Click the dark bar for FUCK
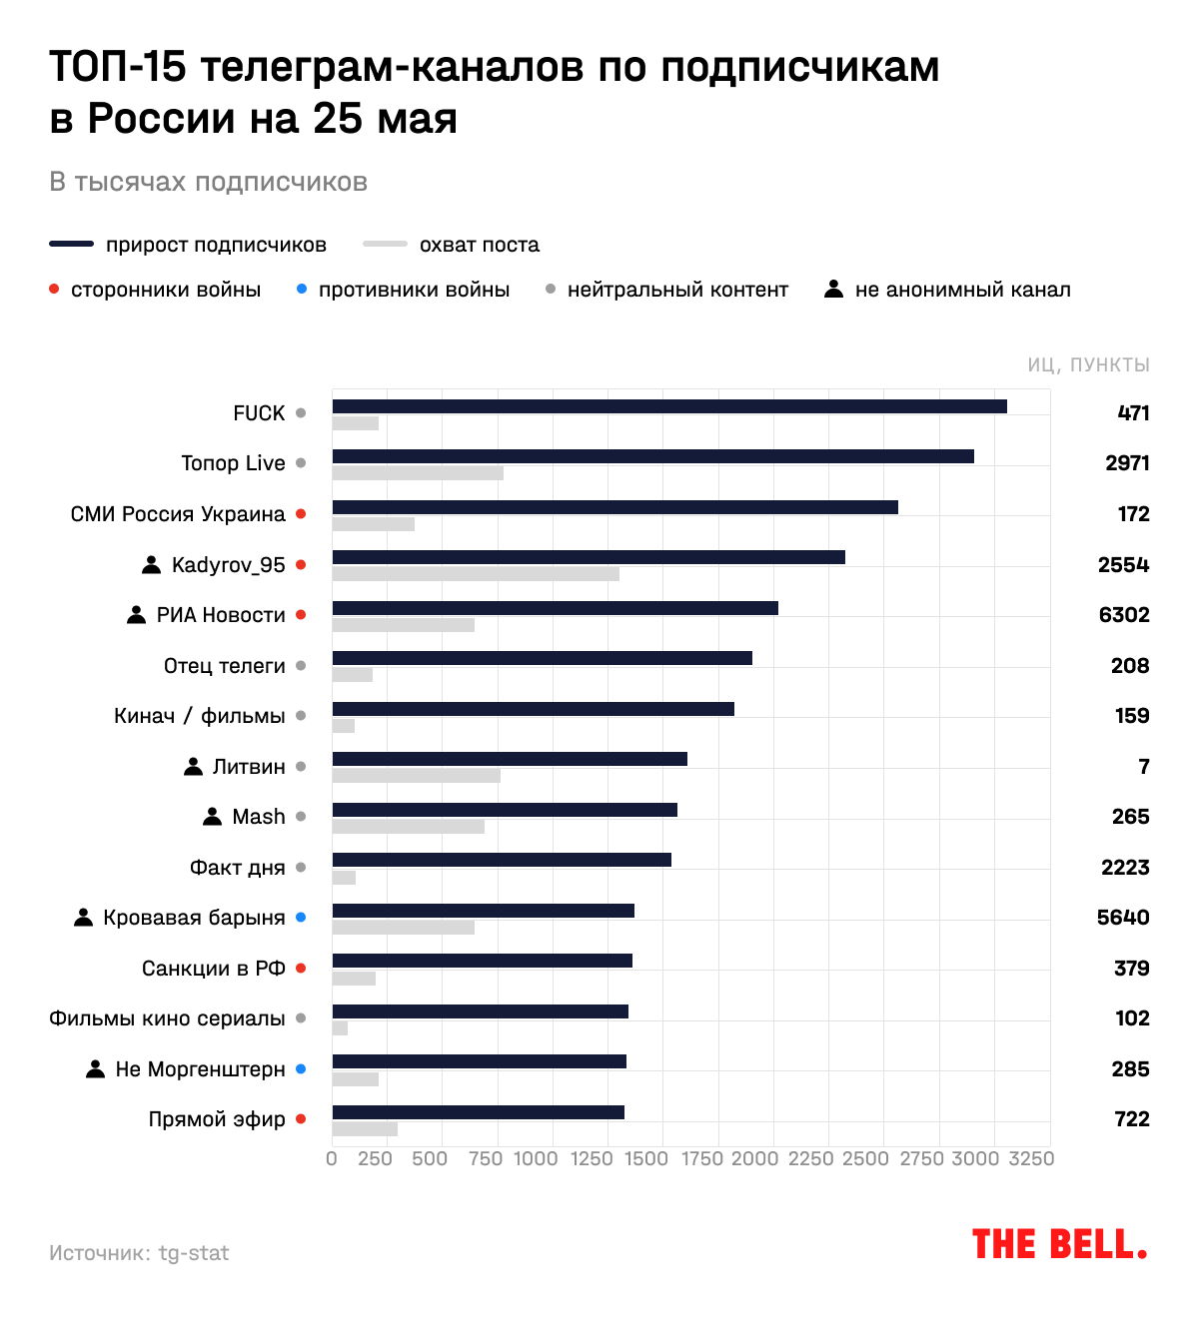pyautogui.click(x=669, y=406)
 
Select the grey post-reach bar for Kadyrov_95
pyautogui.click(x=476, y=574)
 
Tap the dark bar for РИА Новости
pyautogui.click(x=555, y=608)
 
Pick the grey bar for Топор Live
pyautogui.click(x=418, y=473)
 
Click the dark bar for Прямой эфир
pyautogui.click(x=478, y=1112)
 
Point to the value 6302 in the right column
pyautogui.click(x=1124, y=615)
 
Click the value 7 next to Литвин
pyautogui.click(x=1144, y=767)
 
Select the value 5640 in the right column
pyautogui.click(x=1123, y=918)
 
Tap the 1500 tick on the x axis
pyautogui.click(x=646, y=1158)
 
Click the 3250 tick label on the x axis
pyautogui.click(x=1031, y=1158)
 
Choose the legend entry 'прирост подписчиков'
pyautogui.click(x=216, y=245)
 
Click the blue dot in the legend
pyautogui.click(x=302, y=290)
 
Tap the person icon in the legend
pyautogui.click(x=833, y=290)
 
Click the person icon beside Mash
pyautogui.click(x=212, y=817)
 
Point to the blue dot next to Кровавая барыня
pyautogui.click(x=301, y=918)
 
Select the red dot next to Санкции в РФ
pyautogui.click(x=301, y=969)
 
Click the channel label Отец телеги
pyautogui.click(x=224, y=666)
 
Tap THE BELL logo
pyautogui.click(x=1059, y=1245)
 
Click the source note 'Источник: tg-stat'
pyautogui.click(x=139, y=1253)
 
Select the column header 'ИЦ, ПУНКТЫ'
pyautogui.click(x=1088, y=365)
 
